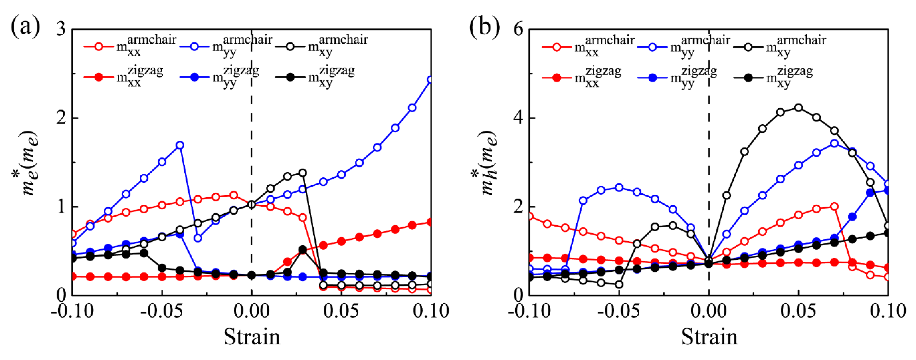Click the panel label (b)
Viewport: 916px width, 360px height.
[x=484, y=27]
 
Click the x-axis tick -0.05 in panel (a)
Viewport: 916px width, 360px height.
[x=162, y=311]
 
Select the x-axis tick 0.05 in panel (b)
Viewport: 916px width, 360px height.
[x=798, y=311]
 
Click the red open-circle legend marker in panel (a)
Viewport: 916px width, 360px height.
[x=99, y=46]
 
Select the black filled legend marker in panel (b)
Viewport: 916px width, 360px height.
[x=749, y=78]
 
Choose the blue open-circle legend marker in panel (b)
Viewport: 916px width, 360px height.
[x=653, y=47]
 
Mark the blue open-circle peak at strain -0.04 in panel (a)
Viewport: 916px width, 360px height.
[x=180, y=145]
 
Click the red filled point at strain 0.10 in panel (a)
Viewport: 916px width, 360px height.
[x=430, y=222]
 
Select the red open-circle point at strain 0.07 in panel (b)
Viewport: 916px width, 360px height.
[x=834, y=206]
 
